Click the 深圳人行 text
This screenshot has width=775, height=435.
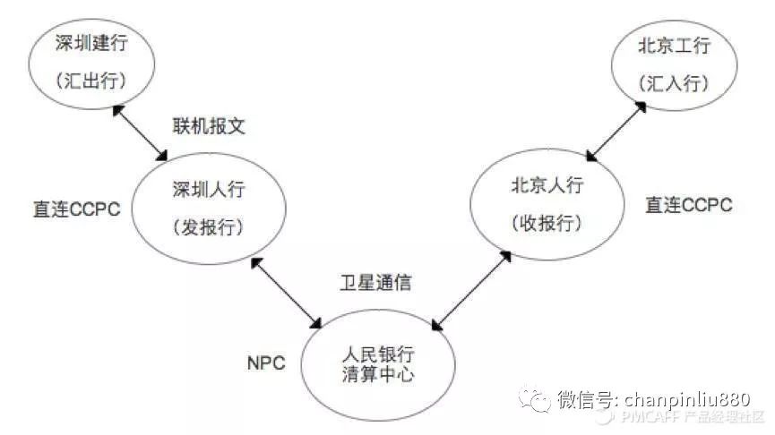tap(209, 189)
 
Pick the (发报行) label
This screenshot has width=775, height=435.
tap(209, 227)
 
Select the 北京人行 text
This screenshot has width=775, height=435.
tap(547, 185)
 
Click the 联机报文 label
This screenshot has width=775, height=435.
tap(209, 126)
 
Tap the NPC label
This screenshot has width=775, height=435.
tap(265, 363)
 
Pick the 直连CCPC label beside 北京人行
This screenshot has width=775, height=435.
tap(689, 205)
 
